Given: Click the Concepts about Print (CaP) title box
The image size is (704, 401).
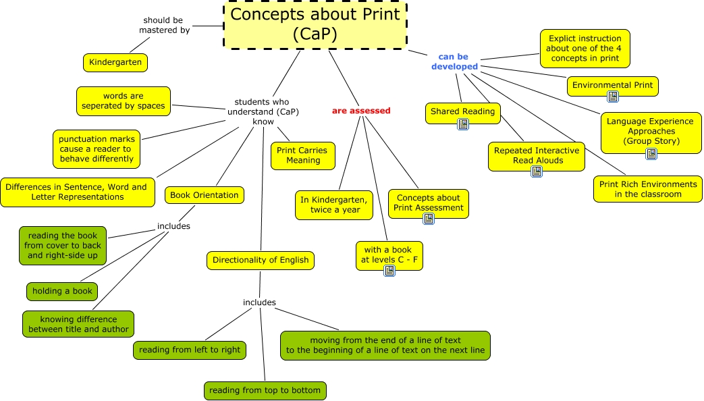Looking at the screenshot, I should [x=315, y=25].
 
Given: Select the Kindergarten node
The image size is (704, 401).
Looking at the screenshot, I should [x=115, y=63].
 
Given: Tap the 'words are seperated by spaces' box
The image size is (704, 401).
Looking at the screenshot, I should [x=124, y=101].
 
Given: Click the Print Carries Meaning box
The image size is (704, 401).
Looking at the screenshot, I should [x=303, y=156].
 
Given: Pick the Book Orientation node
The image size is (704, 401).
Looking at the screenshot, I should [x=204, y=195].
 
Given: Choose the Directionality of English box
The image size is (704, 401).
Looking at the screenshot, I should [x=261, y=260].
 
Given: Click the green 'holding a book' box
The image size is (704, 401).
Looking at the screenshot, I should [x=62, y=292].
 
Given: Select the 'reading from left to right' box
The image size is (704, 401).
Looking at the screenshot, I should [x=189, y=350].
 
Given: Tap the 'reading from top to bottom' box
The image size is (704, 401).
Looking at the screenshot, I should [x=265, y=390].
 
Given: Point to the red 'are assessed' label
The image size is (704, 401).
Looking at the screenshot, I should [x=361, y=110].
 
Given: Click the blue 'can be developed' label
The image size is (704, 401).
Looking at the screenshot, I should [x=454, y=62].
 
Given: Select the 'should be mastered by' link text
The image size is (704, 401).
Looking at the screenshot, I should [x=164, y=25].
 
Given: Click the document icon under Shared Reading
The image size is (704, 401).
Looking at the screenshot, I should [x=463, y=124].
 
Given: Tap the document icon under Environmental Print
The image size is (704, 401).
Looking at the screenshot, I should [x=613, y=97].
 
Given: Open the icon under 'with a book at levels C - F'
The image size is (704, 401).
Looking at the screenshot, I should [x=389, y=271].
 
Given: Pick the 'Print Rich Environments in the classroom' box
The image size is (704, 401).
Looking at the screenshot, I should [x=647, y=189].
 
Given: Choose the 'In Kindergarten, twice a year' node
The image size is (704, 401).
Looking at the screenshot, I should [x=335, y=205].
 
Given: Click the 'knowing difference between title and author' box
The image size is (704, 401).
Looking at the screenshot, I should [x=78, y=325].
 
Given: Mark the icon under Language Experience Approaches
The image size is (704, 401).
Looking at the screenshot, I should [x=651, y=154].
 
